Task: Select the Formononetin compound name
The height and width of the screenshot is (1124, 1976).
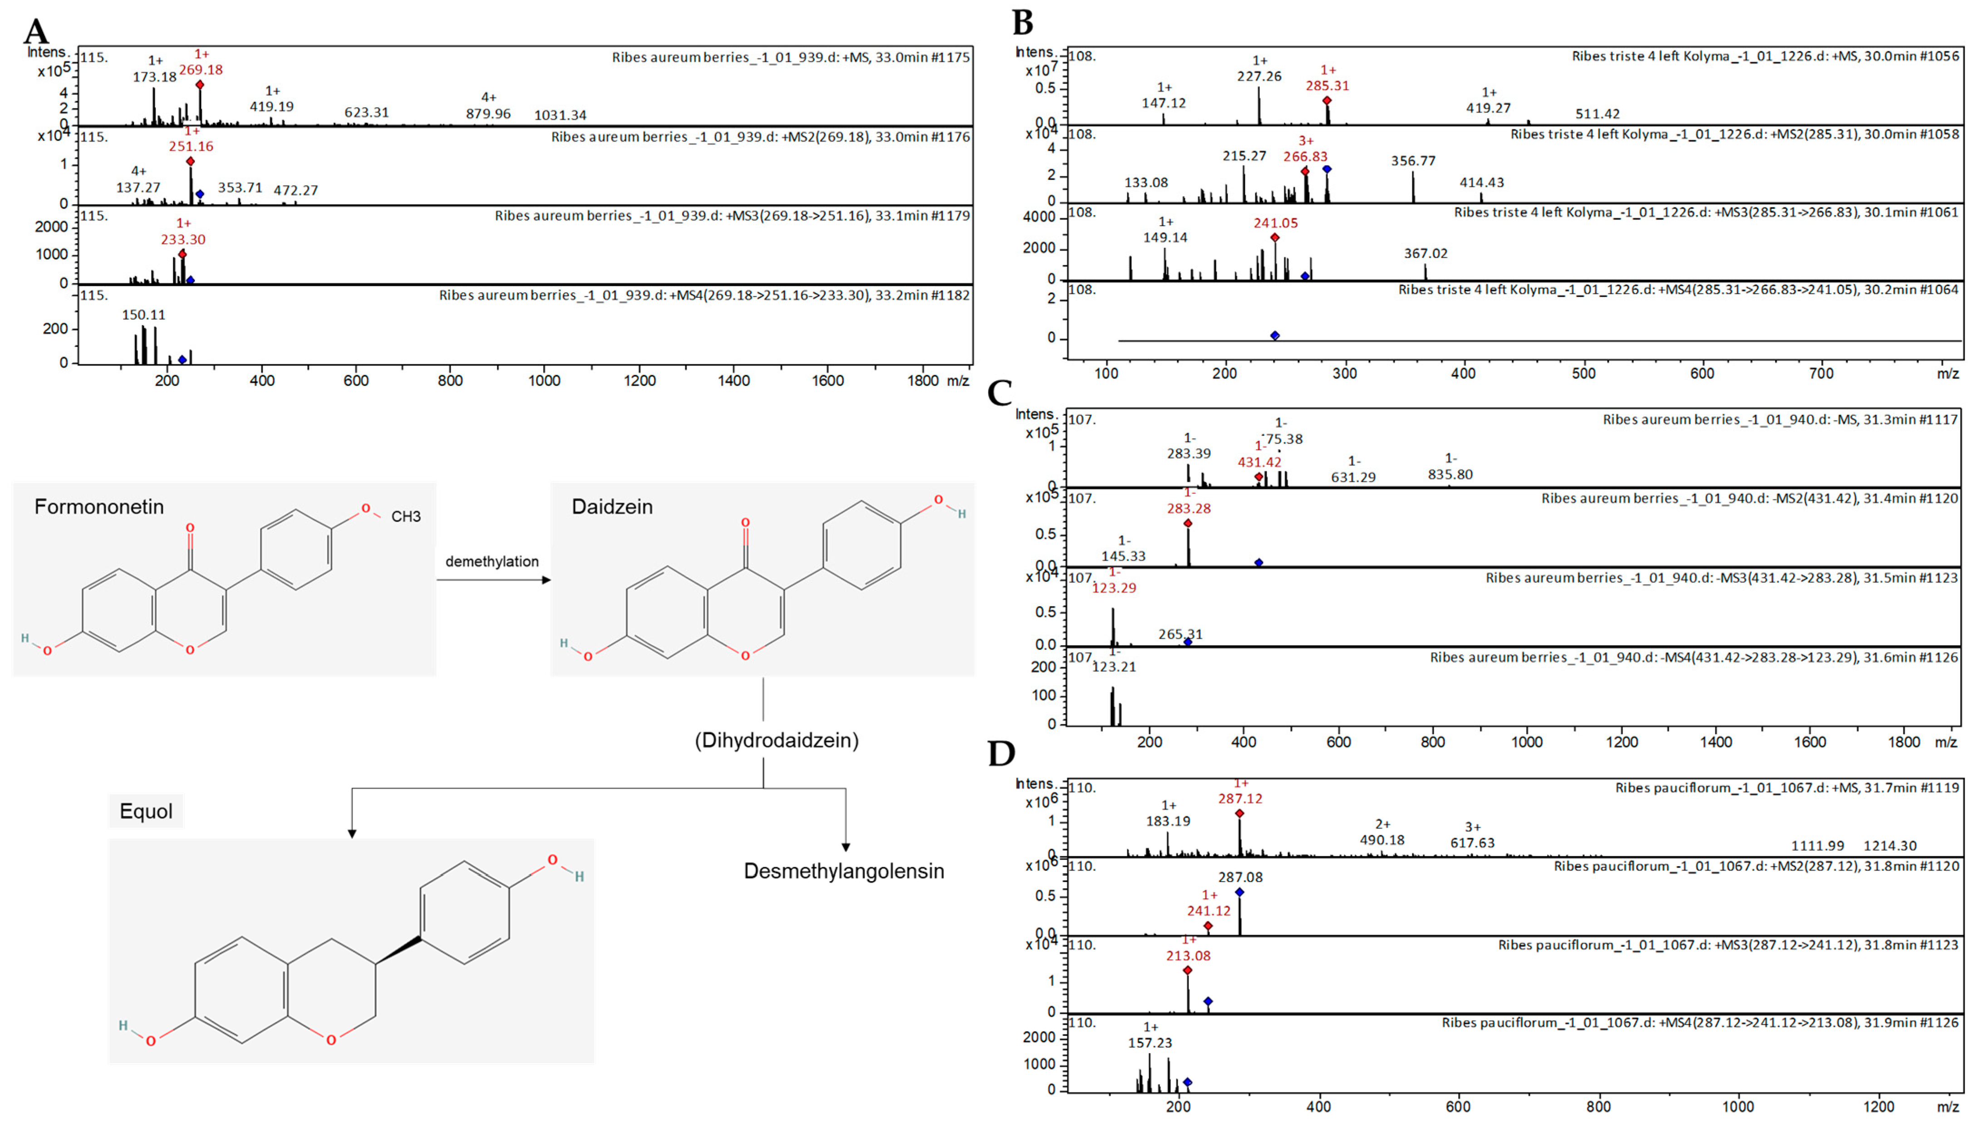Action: (99, 507)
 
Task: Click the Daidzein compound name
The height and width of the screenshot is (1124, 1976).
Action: (612, 507)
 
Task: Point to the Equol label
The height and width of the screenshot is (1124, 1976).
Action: (146, 811)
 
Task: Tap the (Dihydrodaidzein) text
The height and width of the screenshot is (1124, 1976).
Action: (776, 740)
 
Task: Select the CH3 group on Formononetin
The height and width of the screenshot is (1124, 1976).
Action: (406, 517)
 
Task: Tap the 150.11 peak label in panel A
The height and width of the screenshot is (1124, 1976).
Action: (143, 315)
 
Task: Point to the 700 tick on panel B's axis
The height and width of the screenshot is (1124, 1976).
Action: (1821, 374)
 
